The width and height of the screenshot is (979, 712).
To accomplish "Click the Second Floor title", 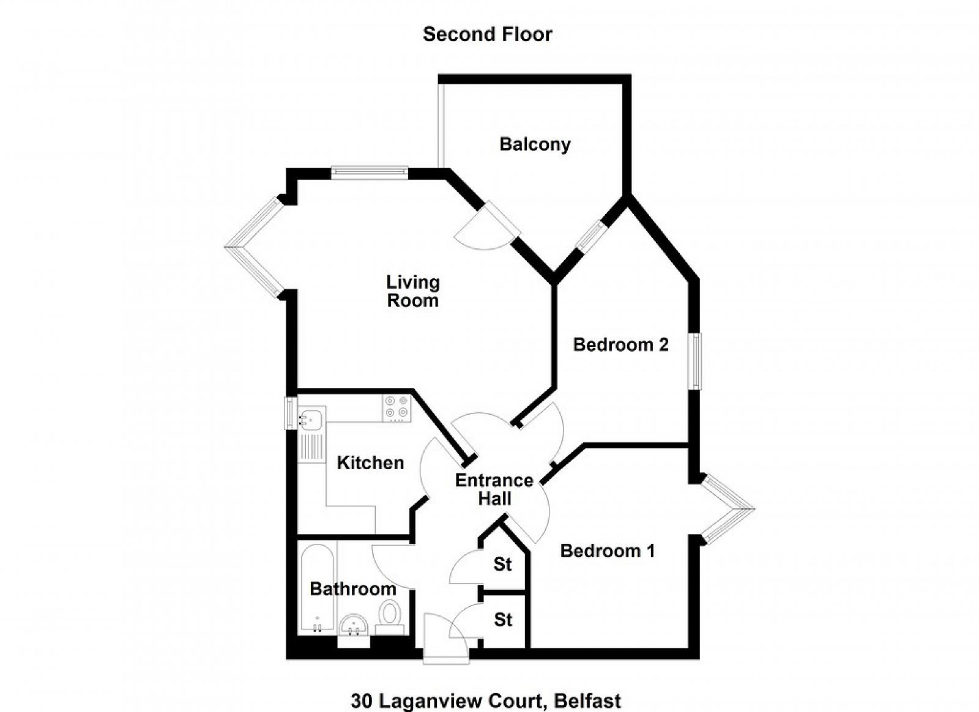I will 487,34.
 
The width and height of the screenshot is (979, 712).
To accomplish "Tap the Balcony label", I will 535,144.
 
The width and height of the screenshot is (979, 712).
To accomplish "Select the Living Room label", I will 413,291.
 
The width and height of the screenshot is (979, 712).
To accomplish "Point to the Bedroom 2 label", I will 620,345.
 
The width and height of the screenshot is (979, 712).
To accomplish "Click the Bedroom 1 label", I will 607,551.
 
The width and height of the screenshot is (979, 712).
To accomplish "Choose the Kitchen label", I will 370,462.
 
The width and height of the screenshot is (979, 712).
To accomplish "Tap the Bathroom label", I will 352,589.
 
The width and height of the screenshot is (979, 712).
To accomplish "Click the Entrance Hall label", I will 494,489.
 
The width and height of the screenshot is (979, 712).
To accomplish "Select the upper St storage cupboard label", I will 503,564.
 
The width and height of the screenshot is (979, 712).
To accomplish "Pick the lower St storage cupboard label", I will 503,620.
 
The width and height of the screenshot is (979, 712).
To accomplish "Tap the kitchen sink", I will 312,419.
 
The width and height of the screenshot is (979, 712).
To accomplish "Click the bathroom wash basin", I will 352,625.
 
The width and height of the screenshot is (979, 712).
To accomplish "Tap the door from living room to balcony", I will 497,221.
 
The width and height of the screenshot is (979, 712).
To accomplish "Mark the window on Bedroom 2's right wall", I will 696,361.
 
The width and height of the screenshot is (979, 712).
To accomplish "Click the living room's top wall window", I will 370,172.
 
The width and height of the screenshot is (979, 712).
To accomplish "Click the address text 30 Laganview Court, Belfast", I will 486,701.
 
